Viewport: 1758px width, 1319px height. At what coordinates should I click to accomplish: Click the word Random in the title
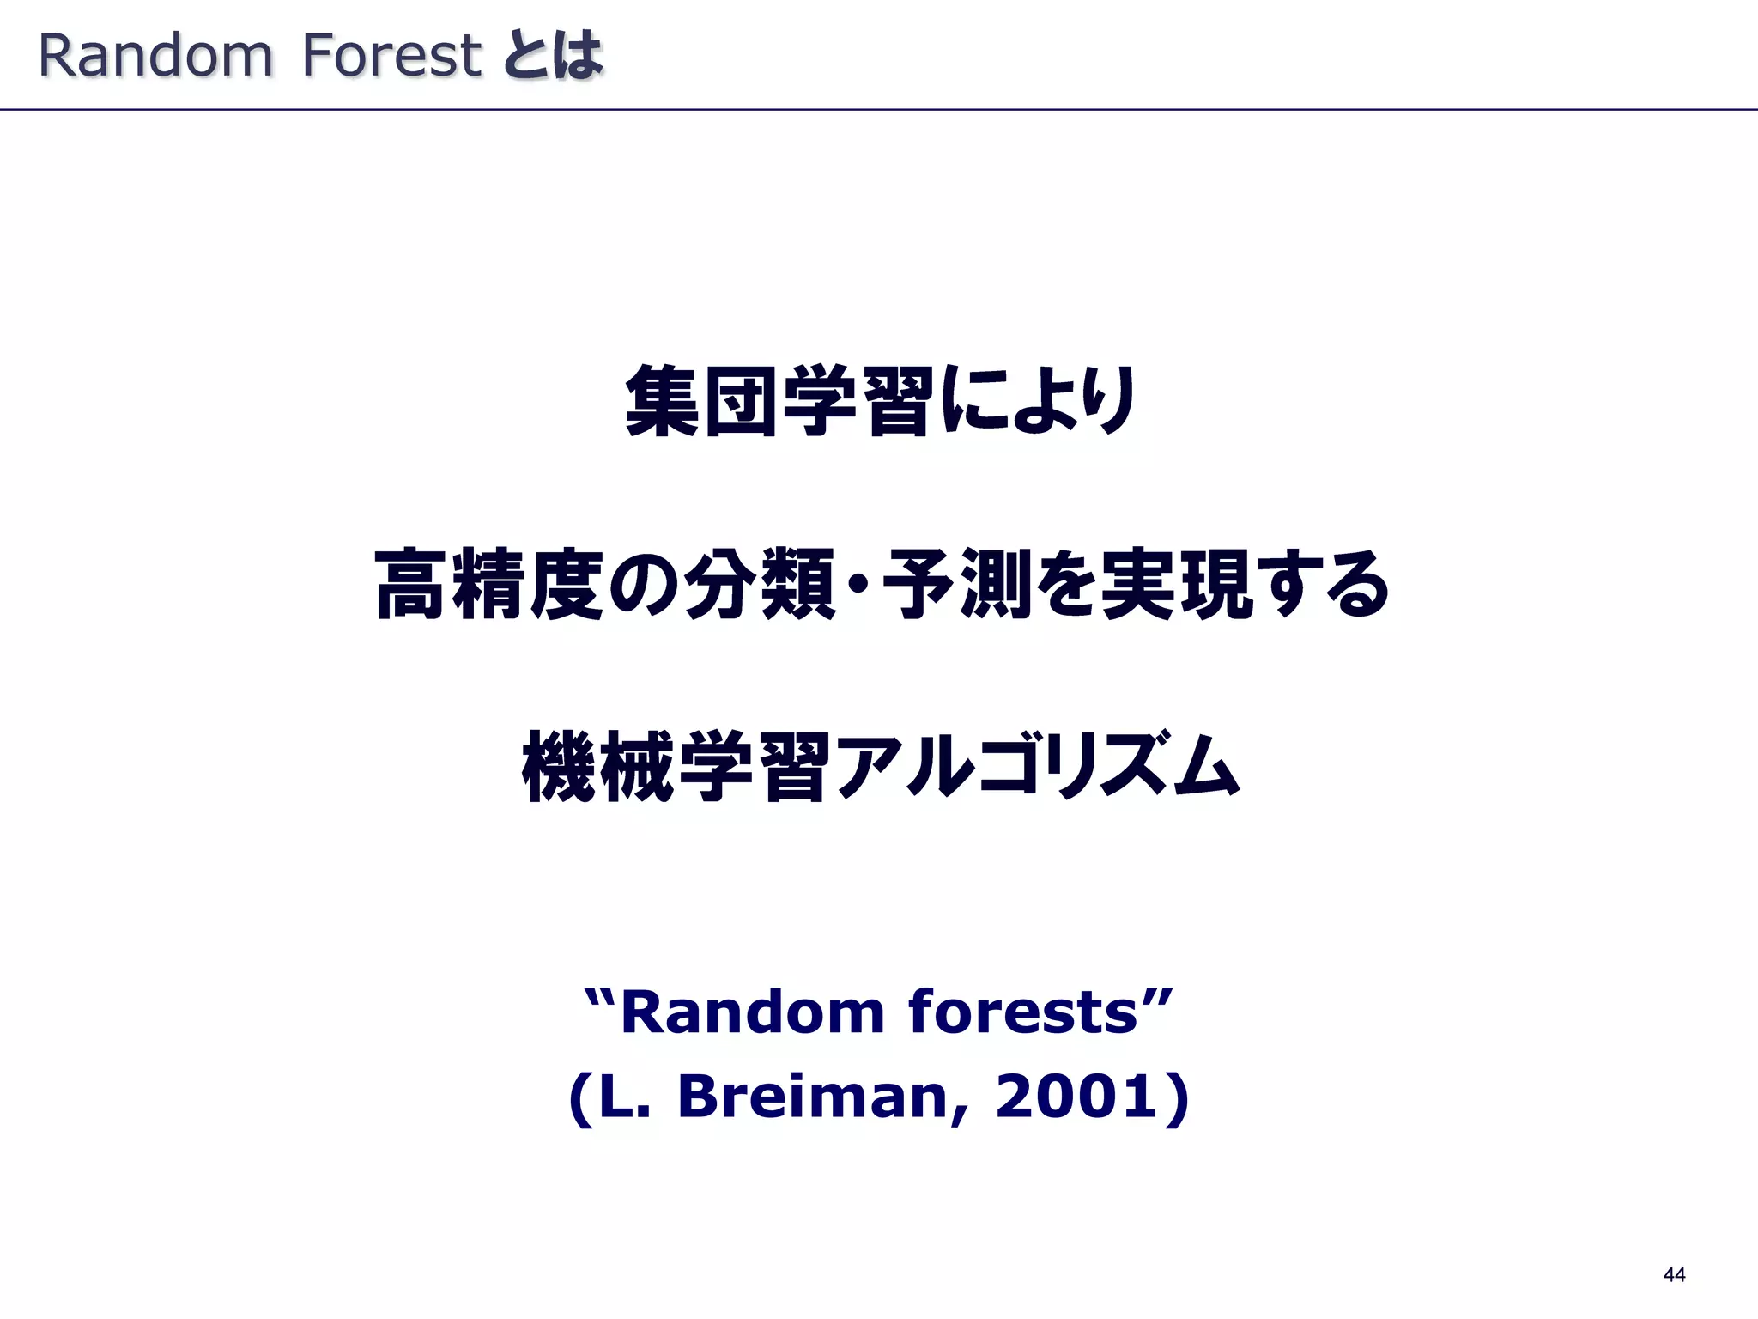(155, 56)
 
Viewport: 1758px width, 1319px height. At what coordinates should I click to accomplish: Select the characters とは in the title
(554, 56)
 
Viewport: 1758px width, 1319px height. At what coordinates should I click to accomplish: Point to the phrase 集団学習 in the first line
(779, 401)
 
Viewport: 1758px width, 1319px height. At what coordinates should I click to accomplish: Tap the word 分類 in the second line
(761, 585)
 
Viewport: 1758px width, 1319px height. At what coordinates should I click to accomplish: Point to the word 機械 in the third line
(598, 767)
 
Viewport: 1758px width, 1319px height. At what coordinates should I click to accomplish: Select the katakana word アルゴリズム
(1037, 767)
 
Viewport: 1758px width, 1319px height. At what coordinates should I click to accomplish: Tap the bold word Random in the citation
(752, 1012)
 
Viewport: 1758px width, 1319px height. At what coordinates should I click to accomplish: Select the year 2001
(1076, 1098)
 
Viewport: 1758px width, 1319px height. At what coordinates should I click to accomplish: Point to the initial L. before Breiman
(624, 1098)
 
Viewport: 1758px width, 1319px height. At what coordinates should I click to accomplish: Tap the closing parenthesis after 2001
(1180, 1098)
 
